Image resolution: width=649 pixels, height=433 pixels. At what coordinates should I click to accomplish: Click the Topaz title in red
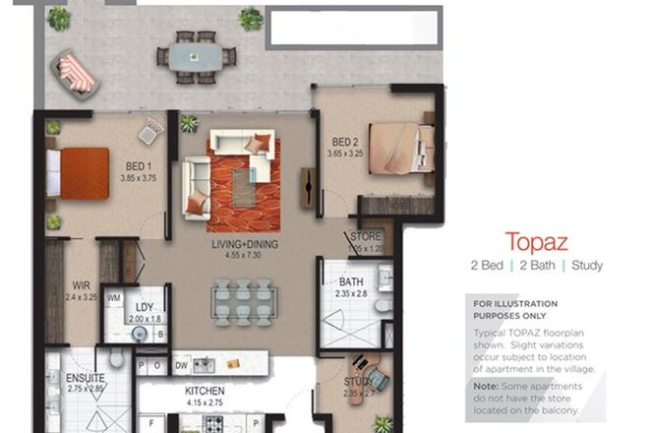tap(537, 242)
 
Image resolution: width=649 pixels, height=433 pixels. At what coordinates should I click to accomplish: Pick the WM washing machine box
tap(113, 297)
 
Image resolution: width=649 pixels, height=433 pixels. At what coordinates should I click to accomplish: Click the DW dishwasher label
tap(182, 365)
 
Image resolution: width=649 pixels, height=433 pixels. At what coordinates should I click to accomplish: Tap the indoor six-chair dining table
tap(242, 301)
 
